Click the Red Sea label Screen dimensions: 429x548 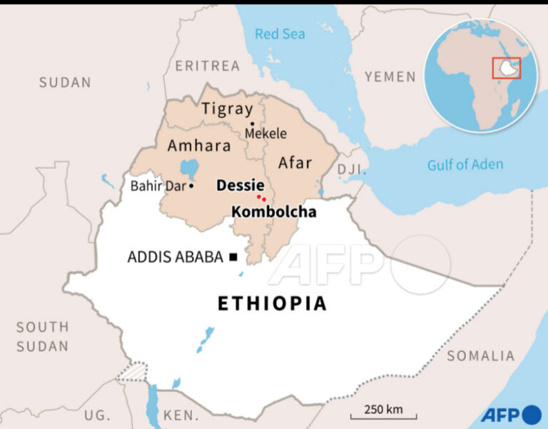(x=280, y=34)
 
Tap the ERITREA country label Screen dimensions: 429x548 (x=208, y=66)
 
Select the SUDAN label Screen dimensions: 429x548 (x=65, y=82)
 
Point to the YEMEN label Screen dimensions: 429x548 (x=390, y=76)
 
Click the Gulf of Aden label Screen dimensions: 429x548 (x=465, y=165)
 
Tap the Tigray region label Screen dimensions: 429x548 (x=227, y=108)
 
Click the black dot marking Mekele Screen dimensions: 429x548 (x=252, y=123)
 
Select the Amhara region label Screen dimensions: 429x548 (x=199, y=146)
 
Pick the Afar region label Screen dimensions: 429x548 (x=295, y=162)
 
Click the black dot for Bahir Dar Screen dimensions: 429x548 (x=191, y=186)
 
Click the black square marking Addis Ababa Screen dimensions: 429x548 (x=233, y=257)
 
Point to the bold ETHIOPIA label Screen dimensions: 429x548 (x=272, y=303)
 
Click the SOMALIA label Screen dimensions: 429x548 (x=480, y=355)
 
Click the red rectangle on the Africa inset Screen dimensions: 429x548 (x=507, y=68)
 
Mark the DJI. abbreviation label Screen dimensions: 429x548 (x=351, y=169)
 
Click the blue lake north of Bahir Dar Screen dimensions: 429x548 (x=189, y=169)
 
